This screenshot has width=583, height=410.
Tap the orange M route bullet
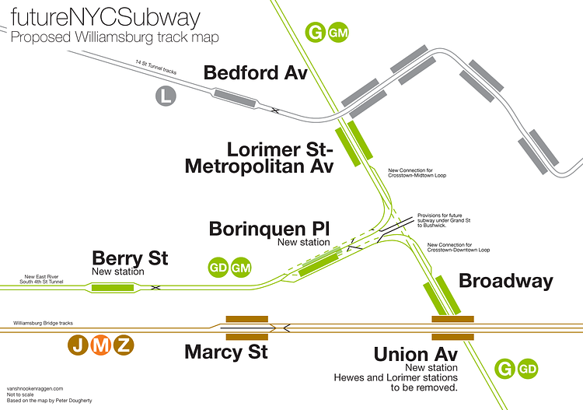pos(100,345)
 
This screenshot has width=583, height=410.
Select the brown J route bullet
pos(78,345)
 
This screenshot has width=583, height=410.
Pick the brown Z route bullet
pos(123,345)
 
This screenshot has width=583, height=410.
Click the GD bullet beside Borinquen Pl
pos(218,267)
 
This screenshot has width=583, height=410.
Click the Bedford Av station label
pos(256,73)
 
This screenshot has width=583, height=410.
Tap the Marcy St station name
pos(225,352)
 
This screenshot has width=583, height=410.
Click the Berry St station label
pos(130,258)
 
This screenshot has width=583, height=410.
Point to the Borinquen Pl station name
pos(270,230)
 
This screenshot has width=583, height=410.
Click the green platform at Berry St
pos(113,288)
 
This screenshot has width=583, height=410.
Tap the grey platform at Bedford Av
pos(235,98)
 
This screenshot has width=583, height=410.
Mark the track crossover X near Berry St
pos(155,288)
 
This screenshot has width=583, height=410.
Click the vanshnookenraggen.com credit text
pos(34,387)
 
